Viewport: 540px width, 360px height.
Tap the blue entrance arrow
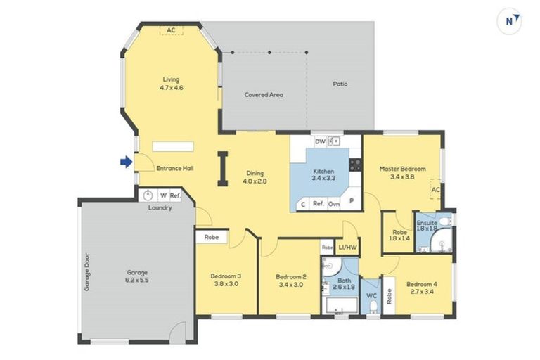[126, 162]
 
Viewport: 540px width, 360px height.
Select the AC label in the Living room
[171, 30]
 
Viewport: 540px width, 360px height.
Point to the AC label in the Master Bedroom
[435, 190]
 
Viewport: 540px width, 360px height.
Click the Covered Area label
[264, 94]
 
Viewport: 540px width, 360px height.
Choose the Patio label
[340, 84]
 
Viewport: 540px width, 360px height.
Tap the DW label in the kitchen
[320, 141]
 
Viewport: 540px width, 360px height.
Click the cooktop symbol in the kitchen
[355, 165]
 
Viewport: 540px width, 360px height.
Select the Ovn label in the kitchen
[335, 204]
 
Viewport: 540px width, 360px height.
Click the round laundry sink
[148, 195]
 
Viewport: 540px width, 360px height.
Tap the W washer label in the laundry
[163, 195]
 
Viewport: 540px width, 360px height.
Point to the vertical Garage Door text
[88, 271]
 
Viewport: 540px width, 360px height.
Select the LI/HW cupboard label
[347, 247]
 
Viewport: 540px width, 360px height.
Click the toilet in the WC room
[373, 307]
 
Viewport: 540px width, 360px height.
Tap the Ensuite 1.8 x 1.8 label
[427, 226]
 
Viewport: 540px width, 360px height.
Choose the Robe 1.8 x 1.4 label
[399, 235]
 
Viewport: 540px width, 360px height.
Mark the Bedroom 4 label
[421, 288]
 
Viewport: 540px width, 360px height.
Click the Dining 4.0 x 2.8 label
[255, 177]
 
